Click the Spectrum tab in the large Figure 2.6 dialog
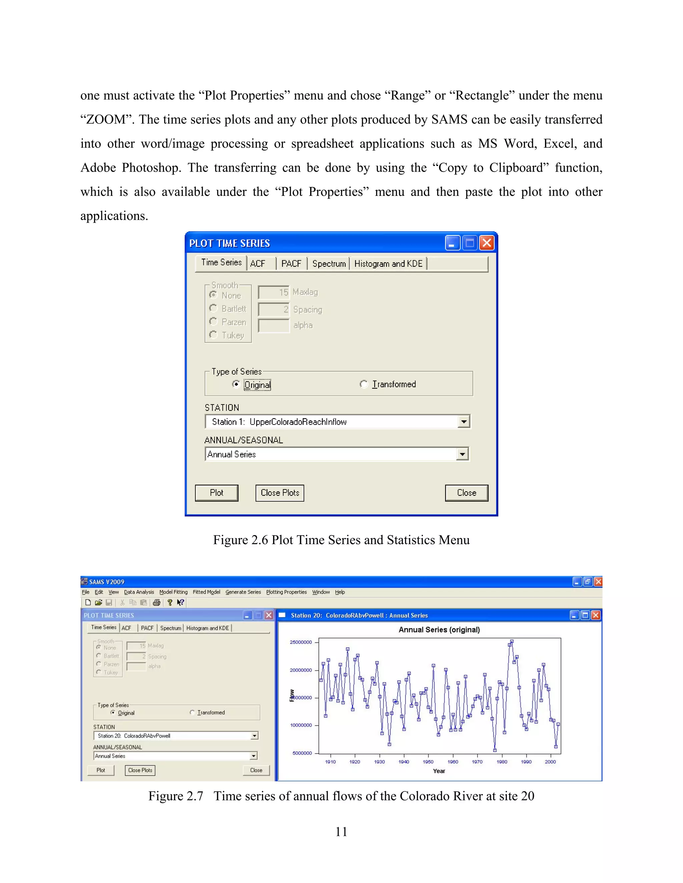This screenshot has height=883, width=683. coord(328,264)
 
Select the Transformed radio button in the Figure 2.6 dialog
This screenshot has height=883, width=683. coord(364,384)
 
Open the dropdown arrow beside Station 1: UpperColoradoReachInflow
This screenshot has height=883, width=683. coord(464,422)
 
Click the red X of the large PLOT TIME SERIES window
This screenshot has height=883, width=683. coord(487,243)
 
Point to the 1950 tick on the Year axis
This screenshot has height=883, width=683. coord(428,762)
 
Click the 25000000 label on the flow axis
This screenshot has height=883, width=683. coord(300,642)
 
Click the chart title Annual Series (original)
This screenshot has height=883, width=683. coord(439,630)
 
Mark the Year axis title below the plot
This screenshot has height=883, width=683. coord(439,771)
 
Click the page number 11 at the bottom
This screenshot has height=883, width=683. coord(341,832)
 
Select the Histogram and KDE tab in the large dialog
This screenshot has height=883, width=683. coord(388,264)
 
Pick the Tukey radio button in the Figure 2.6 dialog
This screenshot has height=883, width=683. coord(213,335)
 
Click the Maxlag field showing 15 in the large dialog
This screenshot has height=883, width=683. coord(274,292)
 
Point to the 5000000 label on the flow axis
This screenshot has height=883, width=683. coord(302,753)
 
